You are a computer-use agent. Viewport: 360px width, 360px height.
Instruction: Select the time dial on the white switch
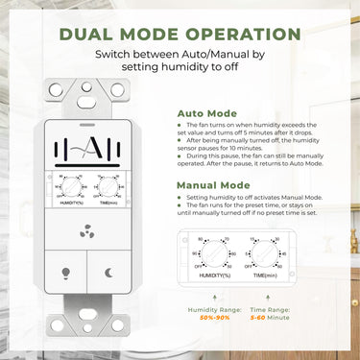click(x=109, y=184)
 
